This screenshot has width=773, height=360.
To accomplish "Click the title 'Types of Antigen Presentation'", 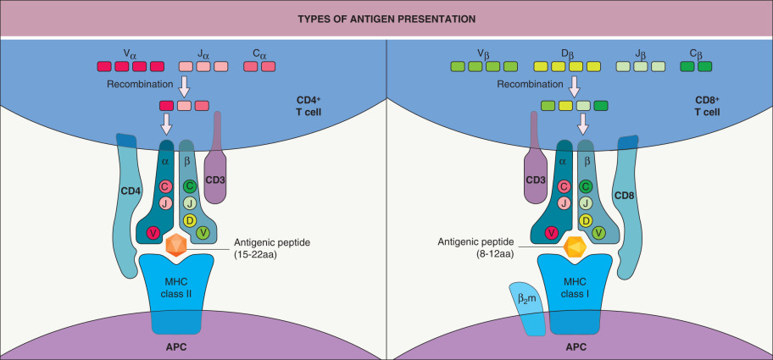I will (386, 18).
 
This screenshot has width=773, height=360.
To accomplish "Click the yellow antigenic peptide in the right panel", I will (575, 245).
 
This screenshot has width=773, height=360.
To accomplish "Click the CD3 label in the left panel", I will (214, 179).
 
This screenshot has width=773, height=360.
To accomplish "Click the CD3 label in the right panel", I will (534, 180).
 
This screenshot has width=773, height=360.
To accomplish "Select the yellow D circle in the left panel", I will (189, 219).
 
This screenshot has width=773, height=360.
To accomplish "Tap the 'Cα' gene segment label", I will (260, 53).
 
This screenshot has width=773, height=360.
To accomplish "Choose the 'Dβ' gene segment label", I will (568, 53).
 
